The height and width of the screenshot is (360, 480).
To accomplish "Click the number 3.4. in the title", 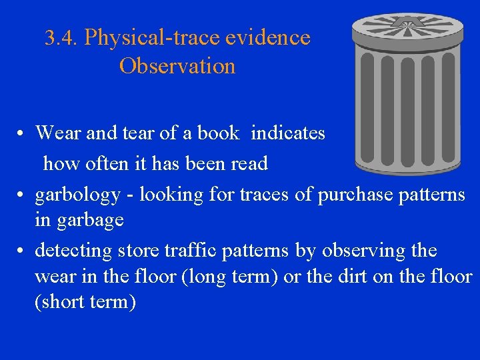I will pos(61,38).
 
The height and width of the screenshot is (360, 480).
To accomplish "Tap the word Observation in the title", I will pos(177,67).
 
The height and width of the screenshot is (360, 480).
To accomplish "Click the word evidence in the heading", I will pos(268,38).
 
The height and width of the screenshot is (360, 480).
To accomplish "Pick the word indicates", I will pos(288,133).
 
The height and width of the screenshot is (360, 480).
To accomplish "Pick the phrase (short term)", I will pos(85,302).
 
